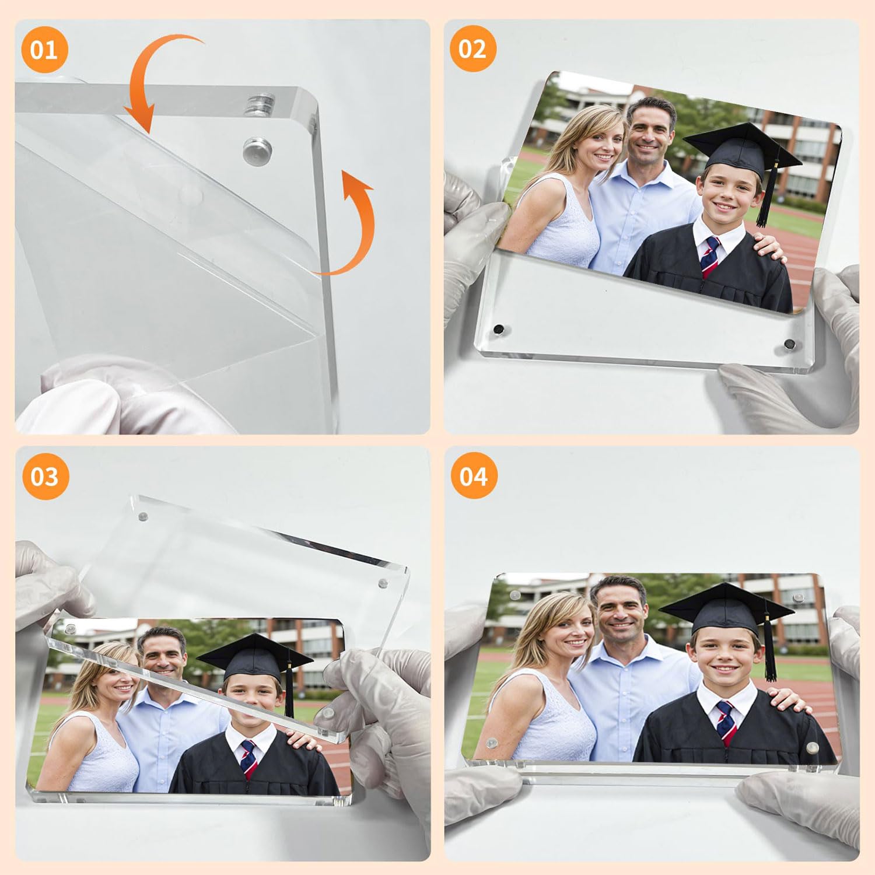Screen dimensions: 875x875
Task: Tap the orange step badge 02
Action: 473,49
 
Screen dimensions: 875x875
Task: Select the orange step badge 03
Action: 45,477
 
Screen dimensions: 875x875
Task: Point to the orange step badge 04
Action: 474,476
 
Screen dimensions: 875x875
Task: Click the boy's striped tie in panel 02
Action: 710,257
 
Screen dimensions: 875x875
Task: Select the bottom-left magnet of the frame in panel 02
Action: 499,330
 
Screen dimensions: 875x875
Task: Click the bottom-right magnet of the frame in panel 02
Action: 789,344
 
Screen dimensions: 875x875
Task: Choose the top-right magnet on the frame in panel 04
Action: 797,598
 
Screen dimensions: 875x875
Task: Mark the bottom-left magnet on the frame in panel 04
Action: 492,744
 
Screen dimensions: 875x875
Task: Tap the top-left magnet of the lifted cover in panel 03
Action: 142,516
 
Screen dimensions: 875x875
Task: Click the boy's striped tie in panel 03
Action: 249,758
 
